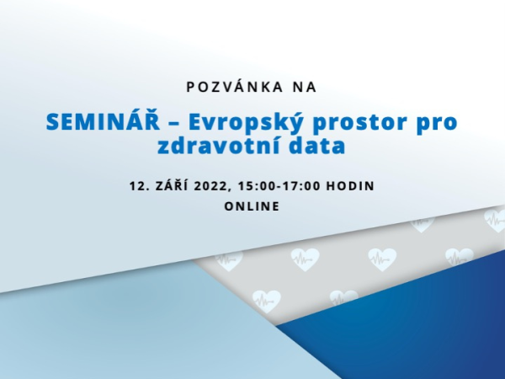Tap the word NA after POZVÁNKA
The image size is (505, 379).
tap(305, 87)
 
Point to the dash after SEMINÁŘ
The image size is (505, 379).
tap(174, 123)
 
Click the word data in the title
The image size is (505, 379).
tap(317, 145)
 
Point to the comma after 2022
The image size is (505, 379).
tap(229, 190)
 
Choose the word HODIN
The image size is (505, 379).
tap(351, 186)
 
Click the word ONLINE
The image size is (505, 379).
tap(252, 206)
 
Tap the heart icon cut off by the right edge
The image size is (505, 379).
tap(496, 219)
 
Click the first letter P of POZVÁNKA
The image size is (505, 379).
tap(191, 88)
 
